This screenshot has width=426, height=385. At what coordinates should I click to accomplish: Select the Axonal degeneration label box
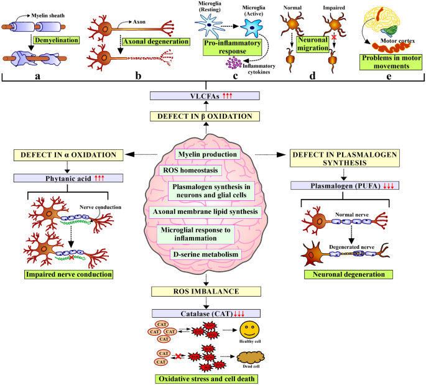[155, 43]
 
